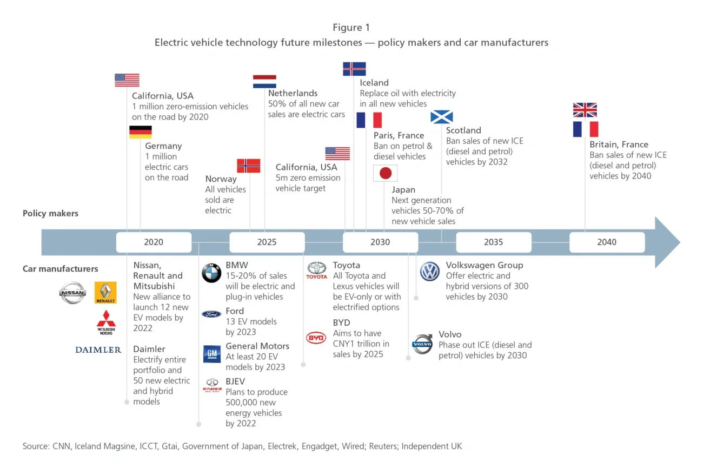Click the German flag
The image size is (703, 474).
(x=140, y=132)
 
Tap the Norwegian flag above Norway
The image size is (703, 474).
(x=249, y=166)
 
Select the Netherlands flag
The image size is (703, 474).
(x=264, y=82)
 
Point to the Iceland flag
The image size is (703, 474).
(x=354, y=69)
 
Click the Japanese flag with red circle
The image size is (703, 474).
(x=385, y=173)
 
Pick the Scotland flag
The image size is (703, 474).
(x=441, y=117)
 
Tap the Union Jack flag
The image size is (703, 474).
(x=585, y=110)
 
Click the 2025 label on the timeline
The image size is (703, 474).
(x=267, y=242)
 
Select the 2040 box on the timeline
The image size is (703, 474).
(x=607, y=242)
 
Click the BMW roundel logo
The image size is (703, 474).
(x=211, y=273)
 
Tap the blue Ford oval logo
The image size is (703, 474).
(x=211, y=314)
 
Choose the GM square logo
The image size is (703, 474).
(x=211, y=354)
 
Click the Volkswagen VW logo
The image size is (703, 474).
(x=430, y=272)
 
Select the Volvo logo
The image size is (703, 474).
(x=422, y=344)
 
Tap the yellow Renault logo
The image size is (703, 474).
(x=105, y=293)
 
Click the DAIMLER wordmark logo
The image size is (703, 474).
(x=98, y=350)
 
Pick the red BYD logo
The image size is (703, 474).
(x=316, y=338)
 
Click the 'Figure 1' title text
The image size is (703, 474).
(x=351, y=28)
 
